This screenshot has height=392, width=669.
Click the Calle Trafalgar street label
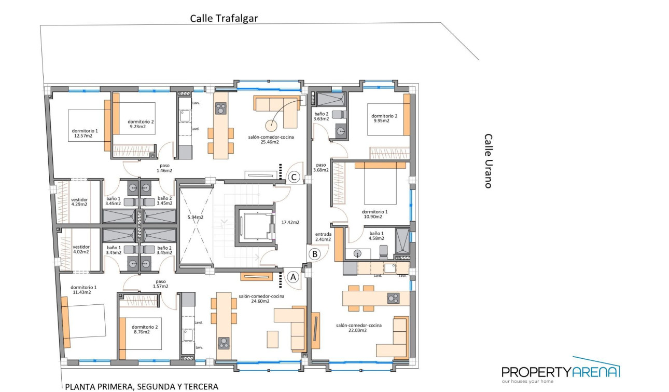[224, 19]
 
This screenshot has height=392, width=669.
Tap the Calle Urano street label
[488, 161]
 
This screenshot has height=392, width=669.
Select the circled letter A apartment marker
[293, 277]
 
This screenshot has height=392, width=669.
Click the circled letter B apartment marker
[314, 254]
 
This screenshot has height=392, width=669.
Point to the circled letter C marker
[294, 177]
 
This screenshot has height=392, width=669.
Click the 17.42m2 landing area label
[290, 222]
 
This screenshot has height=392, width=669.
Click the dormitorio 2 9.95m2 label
[384, 119]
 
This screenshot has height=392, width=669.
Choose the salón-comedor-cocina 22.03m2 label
[359, 328]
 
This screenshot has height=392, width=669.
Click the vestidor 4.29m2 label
[79, 201]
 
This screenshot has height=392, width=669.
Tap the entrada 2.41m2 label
[323, 237]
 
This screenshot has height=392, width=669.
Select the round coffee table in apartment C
[271, 125]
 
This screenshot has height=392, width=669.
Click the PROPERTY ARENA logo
[561, 371]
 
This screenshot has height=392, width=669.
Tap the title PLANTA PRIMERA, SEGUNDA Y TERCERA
[142, 386]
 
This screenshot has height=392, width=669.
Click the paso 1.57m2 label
[161, 284]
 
